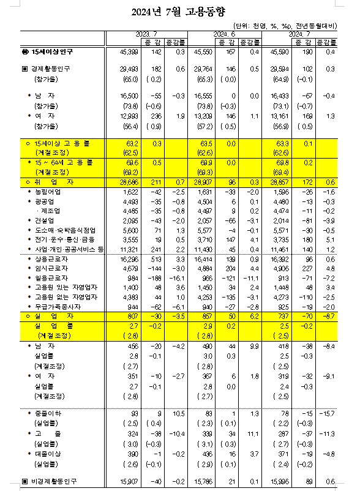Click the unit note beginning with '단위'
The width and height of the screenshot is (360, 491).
point(285,26)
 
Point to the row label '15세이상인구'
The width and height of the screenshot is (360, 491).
point(51,53)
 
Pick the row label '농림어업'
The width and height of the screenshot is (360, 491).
point(49,192)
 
